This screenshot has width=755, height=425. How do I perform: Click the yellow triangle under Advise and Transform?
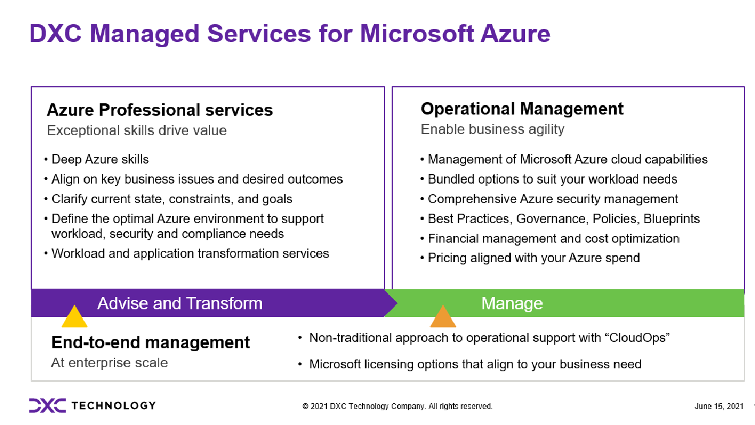(x=74, y=316)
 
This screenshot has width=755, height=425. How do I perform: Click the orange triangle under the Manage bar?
(x=443, y=316)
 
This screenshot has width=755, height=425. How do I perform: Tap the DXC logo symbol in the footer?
(x=48, y=406)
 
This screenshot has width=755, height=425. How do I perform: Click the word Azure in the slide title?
(x=516, y=34)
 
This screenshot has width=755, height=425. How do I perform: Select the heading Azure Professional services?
(x=160, y=110)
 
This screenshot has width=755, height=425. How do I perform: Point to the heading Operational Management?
(x=522, y=109)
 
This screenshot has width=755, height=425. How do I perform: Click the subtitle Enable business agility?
(x=493, y=129)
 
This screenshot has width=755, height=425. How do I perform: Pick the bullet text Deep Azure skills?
(x=100, y=159)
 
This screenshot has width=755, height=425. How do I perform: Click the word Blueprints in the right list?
(x=671, y=219)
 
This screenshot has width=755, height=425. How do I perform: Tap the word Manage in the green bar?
(x=512, y=303)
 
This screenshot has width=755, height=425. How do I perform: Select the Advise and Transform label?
(x=180, y=303)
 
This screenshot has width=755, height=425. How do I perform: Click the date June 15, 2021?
(x=719, y=406)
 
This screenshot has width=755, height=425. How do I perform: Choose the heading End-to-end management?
(x=150, y=342)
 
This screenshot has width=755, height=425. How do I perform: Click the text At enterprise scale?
(x=109, y=362)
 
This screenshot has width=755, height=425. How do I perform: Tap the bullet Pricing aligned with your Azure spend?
(x=534, y=258)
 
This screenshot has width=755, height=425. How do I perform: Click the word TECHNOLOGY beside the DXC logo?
(x=114, y=406)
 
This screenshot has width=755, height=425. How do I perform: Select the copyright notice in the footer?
(x=398, y=406)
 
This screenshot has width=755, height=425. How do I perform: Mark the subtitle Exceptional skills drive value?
(x=136, y=130)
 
